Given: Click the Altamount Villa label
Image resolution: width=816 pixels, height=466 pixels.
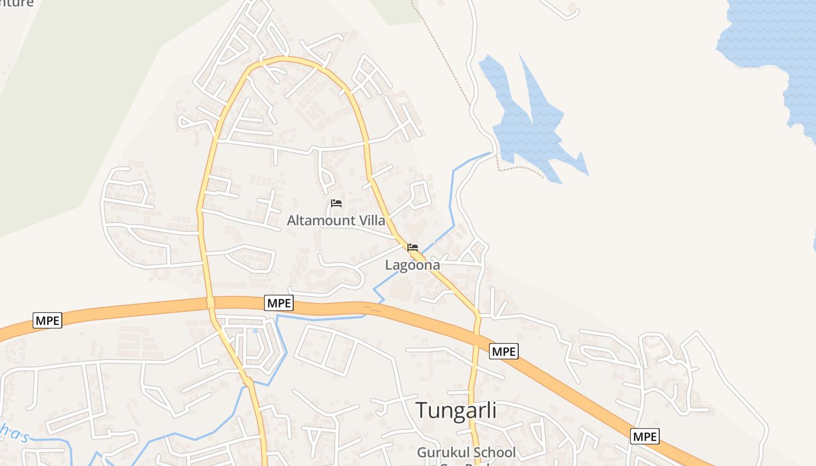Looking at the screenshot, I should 336,221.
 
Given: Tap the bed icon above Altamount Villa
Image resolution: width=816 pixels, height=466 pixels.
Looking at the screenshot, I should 336,203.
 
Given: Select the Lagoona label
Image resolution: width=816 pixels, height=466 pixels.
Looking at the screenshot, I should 412,265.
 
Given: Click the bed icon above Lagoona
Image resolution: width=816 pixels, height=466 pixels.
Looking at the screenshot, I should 413,248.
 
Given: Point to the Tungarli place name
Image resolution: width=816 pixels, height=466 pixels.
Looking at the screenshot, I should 456,410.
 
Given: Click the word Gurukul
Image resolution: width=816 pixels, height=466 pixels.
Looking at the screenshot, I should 441,453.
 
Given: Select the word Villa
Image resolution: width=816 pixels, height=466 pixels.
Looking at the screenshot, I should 371,221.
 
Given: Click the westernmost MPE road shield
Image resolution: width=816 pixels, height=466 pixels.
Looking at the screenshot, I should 47,320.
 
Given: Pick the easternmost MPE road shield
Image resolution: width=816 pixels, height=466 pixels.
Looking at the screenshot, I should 645,436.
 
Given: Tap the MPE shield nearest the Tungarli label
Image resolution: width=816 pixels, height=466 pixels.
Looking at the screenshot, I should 504,351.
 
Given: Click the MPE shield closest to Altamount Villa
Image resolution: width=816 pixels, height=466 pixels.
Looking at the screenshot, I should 279,303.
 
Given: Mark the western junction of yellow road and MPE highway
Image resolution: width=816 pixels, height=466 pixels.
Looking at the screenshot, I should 210,302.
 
